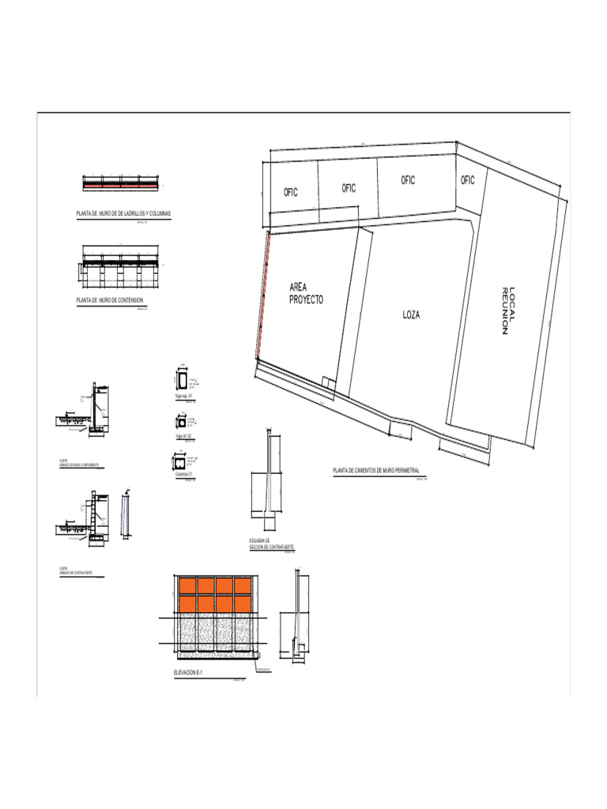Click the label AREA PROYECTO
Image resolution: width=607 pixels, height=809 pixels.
pyautogui.click(x=306, y=295)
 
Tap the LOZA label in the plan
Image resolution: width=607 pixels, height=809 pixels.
pyautogui.click(x=411, y=314)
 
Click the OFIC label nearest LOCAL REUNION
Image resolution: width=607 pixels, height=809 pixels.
pyautogui.click(x=468, y=180)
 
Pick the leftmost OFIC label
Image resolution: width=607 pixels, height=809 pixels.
pyautogui.click(x=291, y=193)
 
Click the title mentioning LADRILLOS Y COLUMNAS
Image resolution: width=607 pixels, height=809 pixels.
pyautogui.click(x=123, y=214)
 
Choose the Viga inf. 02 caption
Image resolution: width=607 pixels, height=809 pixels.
pyautogui.click(x=184, y=435)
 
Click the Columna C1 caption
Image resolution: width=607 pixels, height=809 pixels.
pyautogui.click(x=185, y=474)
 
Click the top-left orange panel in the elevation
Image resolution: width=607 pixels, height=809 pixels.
pyautogui.click(x=187, y=586)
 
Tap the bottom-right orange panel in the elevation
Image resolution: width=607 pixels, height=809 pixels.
pyautogui.click(x=243, y=604)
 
